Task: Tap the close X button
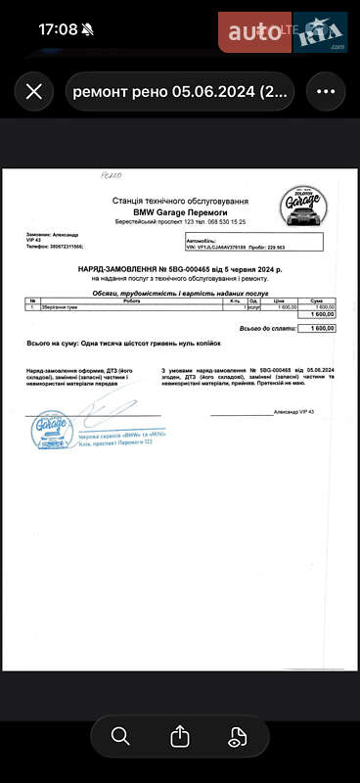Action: point(34,92)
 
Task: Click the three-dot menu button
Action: point(326,92)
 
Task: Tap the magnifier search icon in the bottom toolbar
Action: point(120,736)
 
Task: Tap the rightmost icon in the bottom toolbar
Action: point(239,736)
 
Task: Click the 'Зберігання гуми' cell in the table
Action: point(67,307)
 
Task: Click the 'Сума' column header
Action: point(317,300)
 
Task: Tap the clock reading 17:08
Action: point(58,29)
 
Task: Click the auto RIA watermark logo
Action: point(284,33)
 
